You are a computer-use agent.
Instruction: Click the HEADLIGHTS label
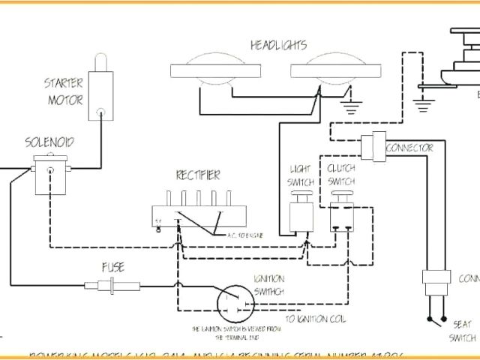[278, 46]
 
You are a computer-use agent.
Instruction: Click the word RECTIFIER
[198, 175]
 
